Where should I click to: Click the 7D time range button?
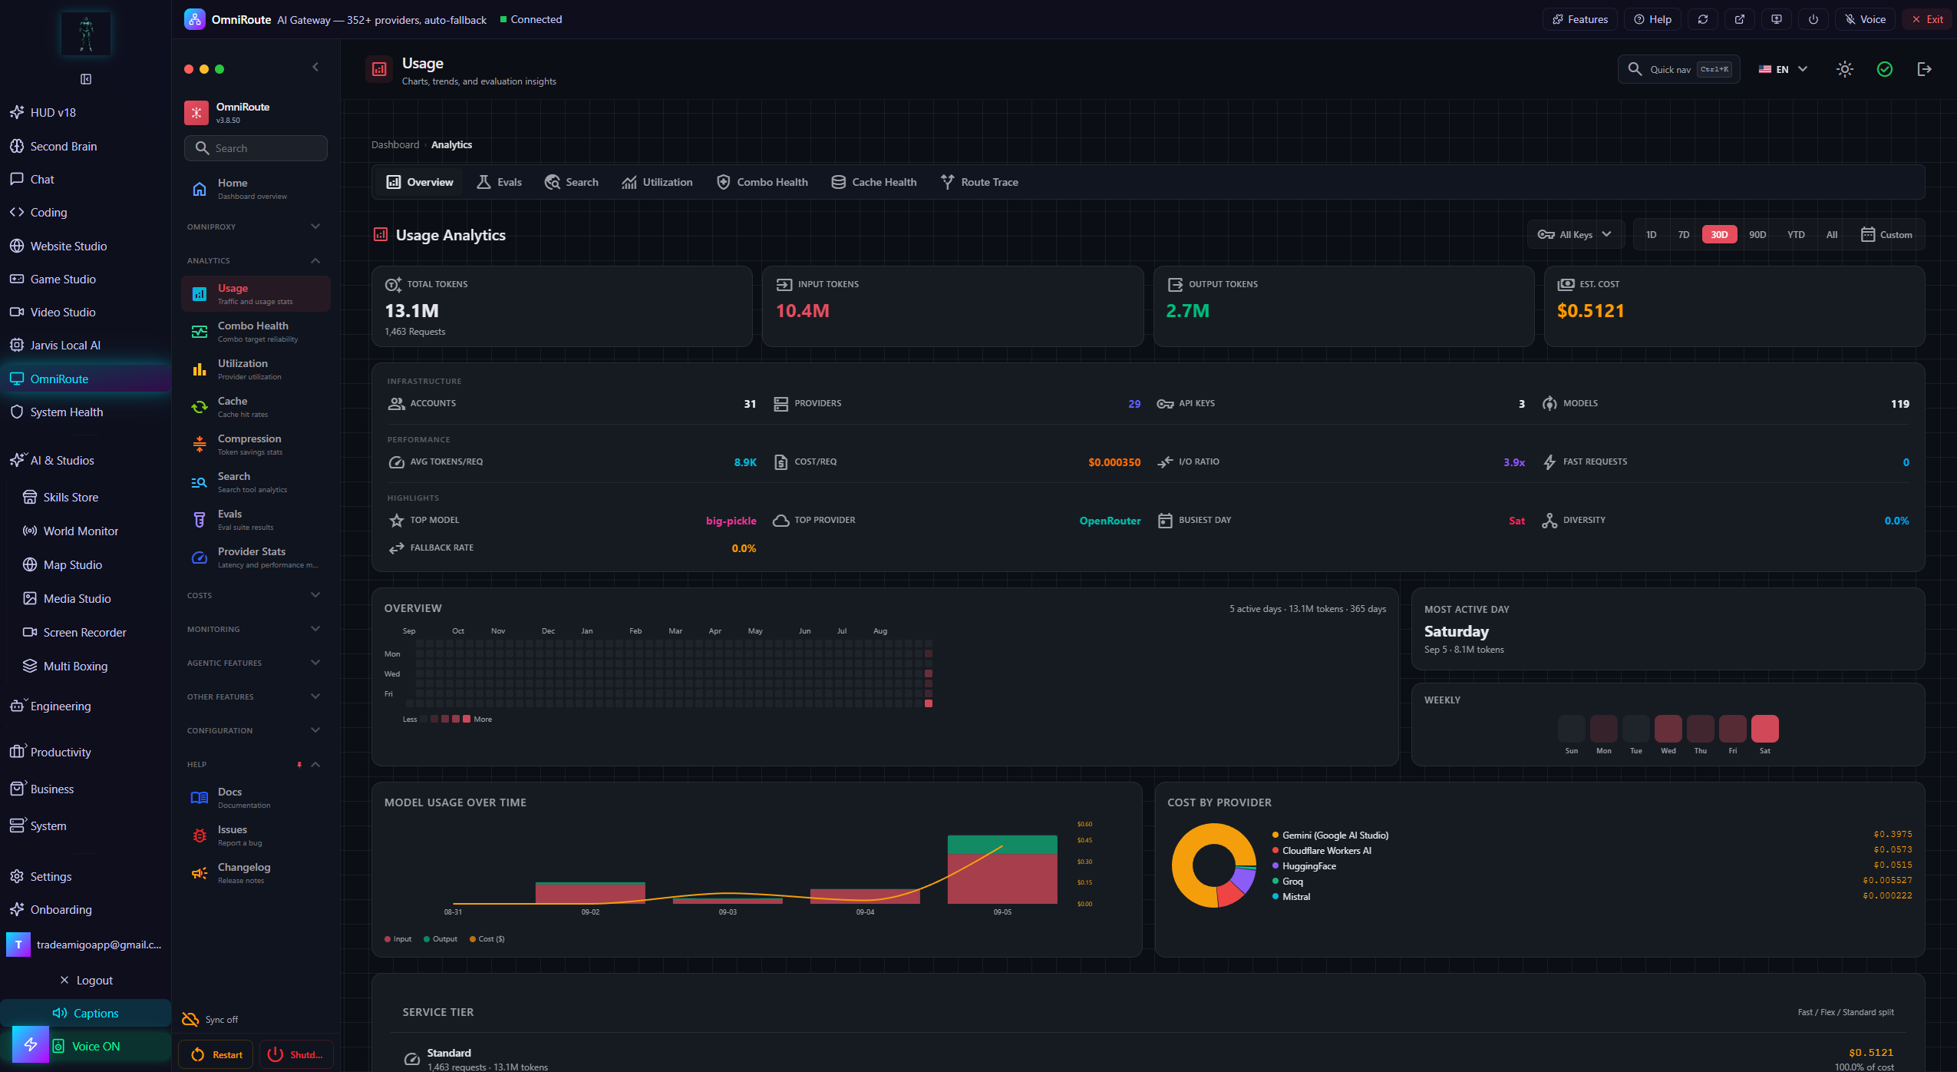[1683, 235]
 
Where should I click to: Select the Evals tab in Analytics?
[499, 182]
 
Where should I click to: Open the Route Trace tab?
[979, 182]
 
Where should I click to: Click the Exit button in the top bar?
[1927, 19]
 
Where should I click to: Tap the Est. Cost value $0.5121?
[1590, 311]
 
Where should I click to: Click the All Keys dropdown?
[1575, 235]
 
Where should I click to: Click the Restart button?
[217, 1054]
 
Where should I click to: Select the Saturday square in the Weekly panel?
[1764, 728]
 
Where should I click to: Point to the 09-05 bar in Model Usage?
[1002, 869]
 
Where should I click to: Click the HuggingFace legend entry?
[1309, 866]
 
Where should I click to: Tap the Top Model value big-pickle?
[731, 521]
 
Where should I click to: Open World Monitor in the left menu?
[81, 531]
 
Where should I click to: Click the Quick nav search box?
[1679, 69]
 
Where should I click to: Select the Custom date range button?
[1886, 235]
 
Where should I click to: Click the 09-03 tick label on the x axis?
[728, 912]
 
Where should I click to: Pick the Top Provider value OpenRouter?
[1110, 521]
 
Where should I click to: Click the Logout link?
[86, 981]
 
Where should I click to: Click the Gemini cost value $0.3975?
[1893, 834]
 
